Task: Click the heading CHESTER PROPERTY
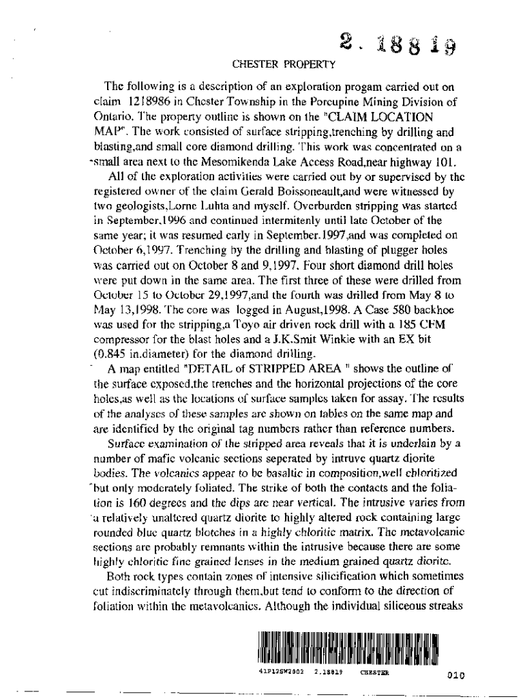click(285, 66)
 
